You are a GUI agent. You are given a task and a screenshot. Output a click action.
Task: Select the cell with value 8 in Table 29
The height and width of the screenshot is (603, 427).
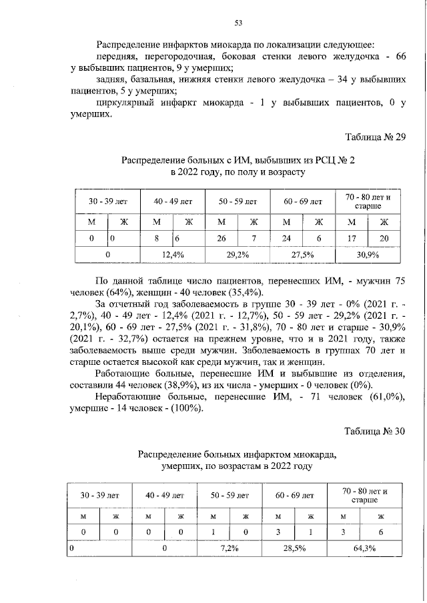pos(156,237)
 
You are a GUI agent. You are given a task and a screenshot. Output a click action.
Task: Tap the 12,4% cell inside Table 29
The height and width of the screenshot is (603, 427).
pos(173,254)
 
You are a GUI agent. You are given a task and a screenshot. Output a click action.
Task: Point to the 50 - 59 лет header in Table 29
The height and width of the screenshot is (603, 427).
pos(238,199)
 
